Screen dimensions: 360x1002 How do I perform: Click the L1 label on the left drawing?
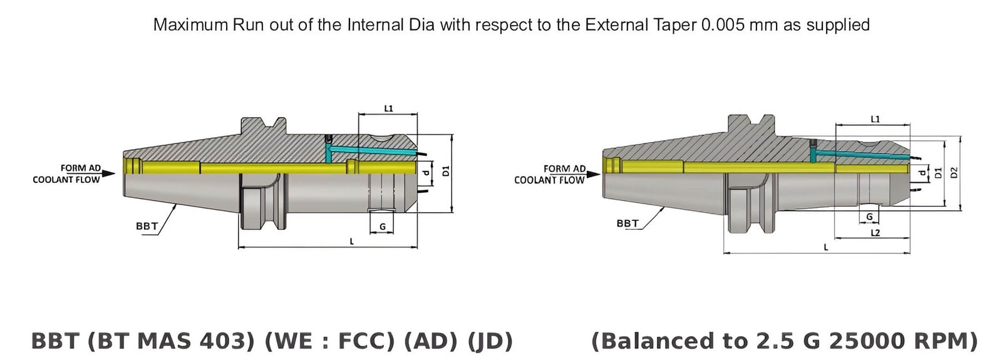[388, 108]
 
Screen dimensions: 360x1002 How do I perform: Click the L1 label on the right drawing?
[875, 119]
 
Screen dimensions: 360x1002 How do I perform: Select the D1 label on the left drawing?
[446, 171]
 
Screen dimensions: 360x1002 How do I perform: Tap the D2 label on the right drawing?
[954, 173]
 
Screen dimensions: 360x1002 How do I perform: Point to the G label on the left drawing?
[382, 227]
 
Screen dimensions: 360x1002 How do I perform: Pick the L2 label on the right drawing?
[875, 233]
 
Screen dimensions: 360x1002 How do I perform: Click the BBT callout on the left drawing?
[147, 226]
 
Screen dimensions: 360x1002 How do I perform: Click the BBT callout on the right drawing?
[627, 224]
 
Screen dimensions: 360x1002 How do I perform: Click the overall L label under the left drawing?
[351, 242]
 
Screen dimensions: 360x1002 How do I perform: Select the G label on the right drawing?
[869, 217]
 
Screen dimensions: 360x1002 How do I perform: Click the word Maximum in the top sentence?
[190, 25]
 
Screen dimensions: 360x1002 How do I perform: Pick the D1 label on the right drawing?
[937, 173]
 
